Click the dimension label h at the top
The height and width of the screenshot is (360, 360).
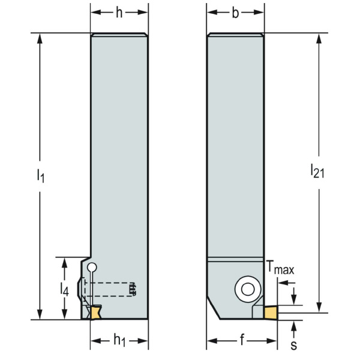tap(119, 13)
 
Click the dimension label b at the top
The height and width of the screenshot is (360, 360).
tap(235, 13)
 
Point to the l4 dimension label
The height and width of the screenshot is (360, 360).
tap(64, 290)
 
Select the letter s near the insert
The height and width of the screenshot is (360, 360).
tap(295, 346)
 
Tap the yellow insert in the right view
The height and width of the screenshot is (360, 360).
tap(270, 312)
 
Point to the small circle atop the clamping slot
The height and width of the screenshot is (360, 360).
tap(91, 268)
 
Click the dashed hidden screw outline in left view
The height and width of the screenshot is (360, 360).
tap(114, 289)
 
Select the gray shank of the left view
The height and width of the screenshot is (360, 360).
tap(119, 150)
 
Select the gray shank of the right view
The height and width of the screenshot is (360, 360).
tap(235, 144)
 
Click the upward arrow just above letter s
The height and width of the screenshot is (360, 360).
tap(295, 326)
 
